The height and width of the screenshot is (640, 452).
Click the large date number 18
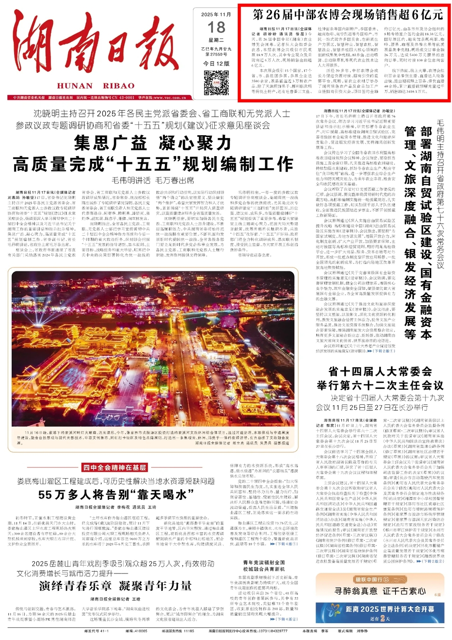click(216, 28)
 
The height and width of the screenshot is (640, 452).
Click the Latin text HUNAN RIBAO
click(96, 86)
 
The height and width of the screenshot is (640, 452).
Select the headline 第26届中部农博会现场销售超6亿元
click(348, 15)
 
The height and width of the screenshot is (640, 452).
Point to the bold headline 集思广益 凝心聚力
click(153, 143)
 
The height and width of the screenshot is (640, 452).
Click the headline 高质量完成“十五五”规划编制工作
click(153, 164)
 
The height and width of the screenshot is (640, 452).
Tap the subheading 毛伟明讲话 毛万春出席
click(153, 180)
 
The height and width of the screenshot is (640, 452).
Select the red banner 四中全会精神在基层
click(114, 468)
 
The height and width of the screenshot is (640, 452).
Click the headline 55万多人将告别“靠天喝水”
click(113, 495)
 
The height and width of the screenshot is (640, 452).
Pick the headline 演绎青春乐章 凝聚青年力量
click(116, 586)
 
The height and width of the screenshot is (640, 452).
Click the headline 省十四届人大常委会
click(380, 371)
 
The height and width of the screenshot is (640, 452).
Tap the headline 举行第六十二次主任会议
click(380, 385)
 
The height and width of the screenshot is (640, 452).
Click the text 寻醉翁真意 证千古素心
click(380, 591)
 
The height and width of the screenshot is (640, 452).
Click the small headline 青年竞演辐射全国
click(264, 563)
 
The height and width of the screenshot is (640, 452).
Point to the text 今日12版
click(216, 64)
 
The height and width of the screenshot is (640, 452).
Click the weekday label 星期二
click(216, 40)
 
